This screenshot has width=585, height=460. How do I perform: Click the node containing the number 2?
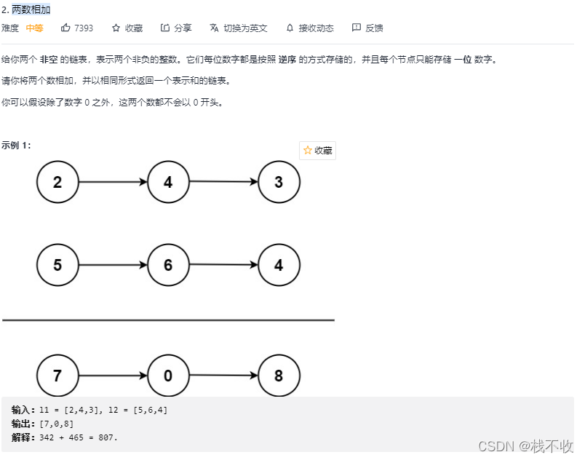click(57, 182)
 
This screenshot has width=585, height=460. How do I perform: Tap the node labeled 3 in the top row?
click(279, 182)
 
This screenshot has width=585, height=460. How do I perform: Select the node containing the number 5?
click(57, 265)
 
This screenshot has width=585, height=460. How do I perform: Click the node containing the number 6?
click(168, 265)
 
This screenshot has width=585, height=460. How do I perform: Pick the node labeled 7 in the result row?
click(57, 376)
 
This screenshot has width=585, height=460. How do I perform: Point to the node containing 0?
click(168, 376)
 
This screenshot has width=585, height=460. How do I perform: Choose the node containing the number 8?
click(279, 376)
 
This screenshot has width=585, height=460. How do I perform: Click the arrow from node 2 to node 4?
click(113, 182)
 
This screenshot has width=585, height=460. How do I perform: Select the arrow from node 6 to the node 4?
click(223, 265)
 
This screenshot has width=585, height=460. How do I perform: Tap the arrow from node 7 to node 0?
click(113, 376)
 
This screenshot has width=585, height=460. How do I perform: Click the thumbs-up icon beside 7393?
click(65, 28)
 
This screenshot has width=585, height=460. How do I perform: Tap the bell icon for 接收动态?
click(290, 28)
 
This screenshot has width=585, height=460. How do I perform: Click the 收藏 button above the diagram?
click(317, 151)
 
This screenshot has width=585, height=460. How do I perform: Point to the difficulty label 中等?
click(34, 28)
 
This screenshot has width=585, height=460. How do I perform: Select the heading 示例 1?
click(16, 145)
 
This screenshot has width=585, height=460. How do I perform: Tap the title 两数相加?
click(31, 9)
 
